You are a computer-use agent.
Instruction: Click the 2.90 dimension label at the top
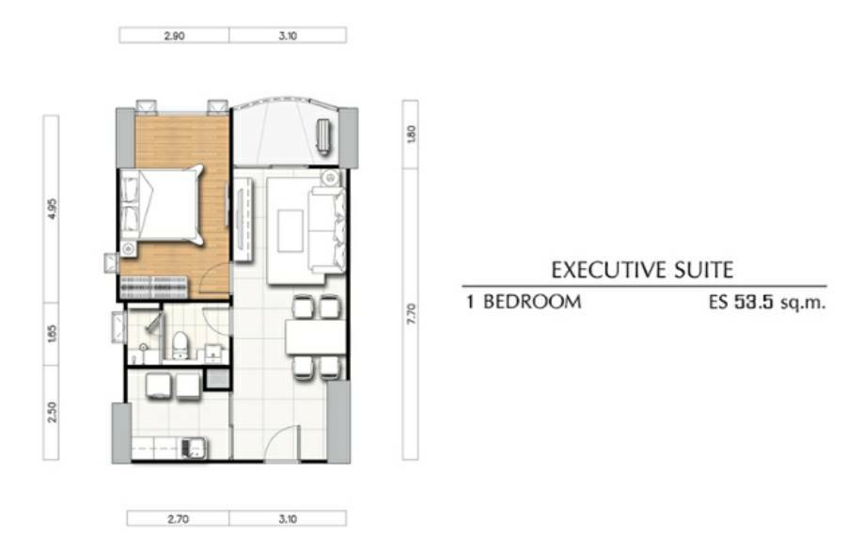point(174,36)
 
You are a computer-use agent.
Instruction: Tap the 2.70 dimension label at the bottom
point(178,519)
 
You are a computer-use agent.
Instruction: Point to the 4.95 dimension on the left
point(52,209)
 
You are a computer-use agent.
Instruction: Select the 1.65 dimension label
point(52,334)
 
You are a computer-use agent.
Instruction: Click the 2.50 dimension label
point(52,412)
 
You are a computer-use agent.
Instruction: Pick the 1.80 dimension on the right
point(411,134)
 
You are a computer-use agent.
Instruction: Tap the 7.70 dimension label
point(411,314)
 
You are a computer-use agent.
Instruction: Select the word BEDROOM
point(532,302)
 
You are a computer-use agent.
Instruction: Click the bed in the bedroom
point(162,205)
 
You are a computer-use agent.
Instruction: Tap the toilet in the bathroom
point(180,345)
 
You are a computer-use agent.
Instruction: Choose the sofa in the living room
point(327,229)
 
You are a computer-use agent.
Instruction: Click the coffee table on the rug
point(290,230)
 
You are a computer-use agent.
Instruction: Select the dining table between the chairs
point(315,338)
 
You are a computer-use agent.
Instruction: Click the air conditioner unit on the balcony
point(323,134)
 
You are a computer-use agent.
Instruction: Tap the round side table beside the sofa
point(331,178)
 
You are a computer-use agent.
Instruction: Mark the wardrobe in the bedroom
point(153,288)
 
